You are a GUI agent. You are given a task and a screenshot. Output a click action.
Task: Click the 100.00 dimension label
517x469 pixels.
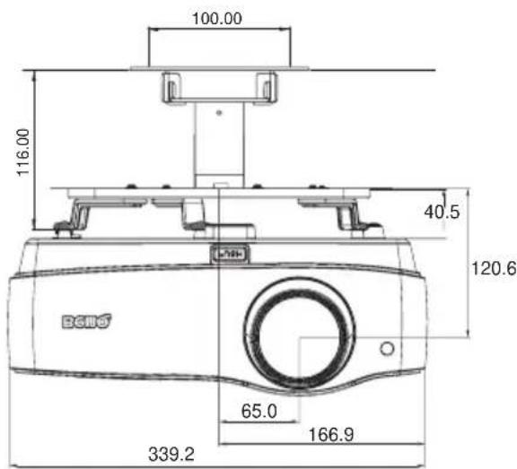pos(217,18)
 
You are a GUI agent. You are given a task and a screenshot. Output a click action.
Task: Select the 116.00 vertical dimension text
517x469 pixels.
pos(23,152)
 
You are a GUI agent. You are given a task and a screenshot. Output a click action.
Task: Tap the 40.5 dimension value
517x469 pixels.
pos(442,212)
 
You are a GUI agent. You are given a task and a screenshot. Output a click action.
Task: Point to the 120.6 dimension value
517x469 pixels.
pos(494,268)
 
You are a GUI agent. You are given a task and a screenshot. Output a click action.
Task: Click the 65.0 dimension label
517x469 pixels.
pos(259,411)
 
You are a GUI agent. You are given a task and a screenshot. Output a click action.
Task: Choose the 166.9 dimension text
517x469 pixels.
pos(331,434)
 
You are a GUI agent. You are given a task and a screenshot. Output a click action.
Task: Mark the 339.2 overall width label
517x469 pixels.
pos(171,454)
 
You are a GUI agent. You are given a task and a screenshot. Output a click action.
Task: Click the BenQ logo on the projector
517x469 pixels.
pos(87,321)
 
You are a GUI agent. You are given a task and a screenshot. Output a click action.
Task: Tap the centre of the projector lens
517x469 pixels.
pos(299,333)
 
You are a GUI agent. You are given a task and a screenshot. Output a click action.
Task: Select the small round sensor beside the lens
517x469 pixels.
pos(387,349)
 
